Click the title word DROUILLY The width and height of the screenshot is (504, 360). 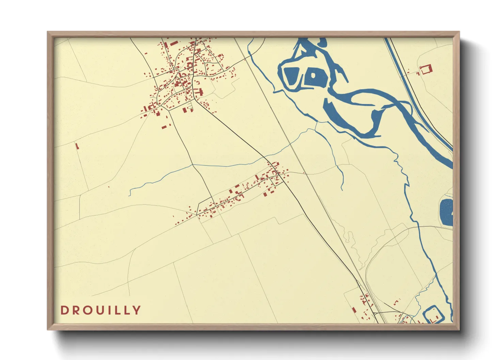(100, 310)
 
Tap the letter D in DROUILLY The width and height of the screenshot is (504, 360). (64, 310)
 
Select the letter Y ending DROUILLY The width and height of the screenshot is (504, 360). (137, 310)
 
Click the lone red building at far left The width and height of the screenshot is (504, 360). (77, 146)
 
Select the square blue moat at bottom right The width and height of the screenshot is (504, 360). (434, 315)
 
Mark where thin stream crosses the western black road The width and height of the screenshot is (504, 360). (193, 165)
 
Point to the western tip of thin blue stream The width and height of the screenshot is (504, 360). (129, 195)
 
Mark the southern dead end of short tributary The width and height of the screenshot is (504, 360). (342, 190)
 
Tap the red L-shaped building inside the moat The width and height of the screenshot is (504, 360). (434, 320)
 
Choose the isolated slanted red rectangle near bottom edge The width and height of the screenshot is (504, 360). (353, 310)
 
